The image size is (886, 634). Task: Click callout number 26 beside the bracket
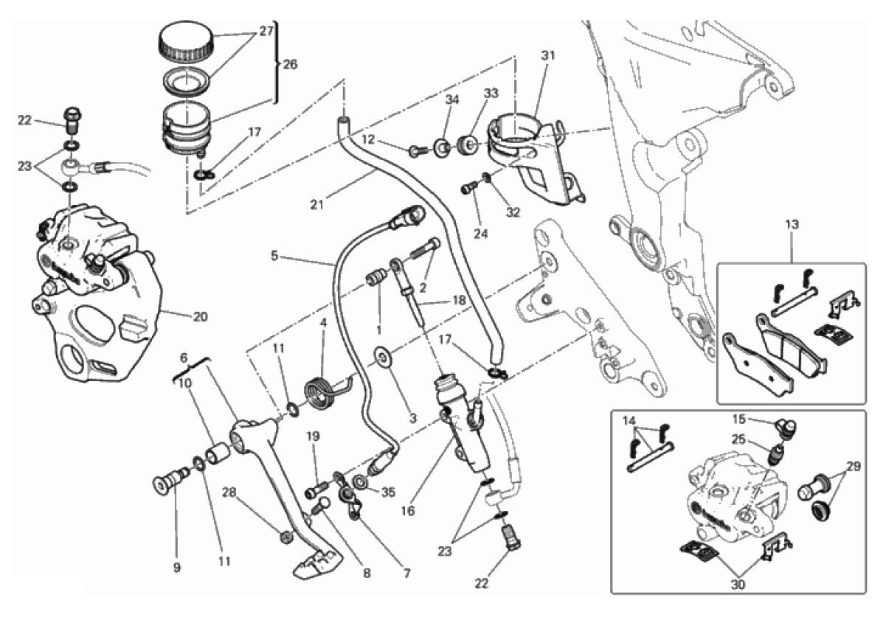(x=290, y=64)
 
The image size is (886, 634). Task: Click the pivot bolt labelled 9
(x=167, y=484)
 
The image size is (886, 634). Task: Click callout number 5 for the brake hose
(x=274, y=257)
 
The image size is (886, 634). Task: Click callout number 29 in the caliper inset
(x=854, y=467)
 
